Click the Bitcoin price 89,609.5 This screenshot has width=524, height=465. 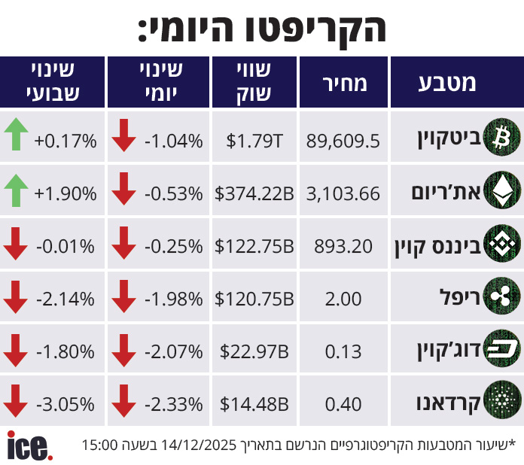pyautogui.click(x=343, y=140)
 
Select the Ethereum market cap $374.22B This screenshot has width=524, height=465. pyautogui.click(x=254, y=193)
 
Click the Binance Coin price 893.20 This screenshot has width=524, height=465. pyautogui.click(x=343, y=246)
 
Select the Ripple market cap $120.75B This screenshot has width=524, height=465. pyautogui.click(x=254, y=299)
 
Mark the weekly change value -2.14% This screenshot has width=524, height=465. pyautogui.click(x=65, y=299)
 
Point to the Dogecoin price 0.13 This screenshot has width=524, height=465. pyautogui.click(x=343, y=351)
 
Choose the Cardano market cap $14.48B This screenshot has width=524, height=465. pyautogui.click(x=254, y=404)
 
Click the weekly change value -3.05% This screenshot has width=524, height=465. pyautogui.click(x=65, y=404)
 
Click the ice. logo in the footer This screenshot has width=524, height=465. pyautogui.click(x=29, y=445)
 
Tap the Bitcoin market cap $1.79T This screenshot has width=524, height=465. pyautogui.click(x=254, y=140)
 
